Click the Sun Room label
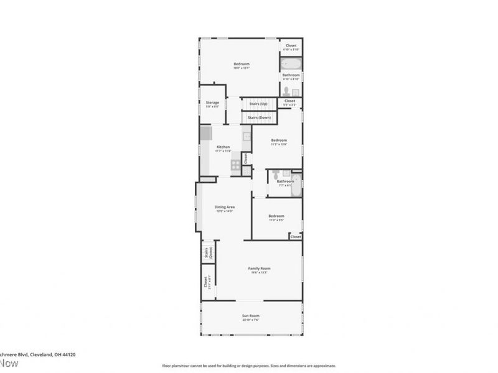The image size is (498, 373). point(251,316)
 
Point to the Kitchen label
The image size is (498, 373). point(223,147)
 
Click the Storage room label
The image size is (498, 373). point(212,103)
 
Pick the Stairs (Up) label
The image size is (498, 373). point(258,103)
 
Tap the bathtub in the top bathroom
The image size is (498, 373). point(291,64)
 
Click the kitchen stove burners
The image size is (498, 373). point(236,165)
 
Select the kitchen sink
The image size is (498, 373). point(247,136)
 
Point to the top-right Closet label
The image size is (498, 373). point(291,45)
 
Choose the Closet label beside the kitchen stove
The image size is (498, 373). point(245,159)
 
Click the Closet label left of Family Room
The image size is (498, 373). point(205,282)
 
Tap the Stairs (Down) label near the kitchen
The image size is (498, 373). point(258,117)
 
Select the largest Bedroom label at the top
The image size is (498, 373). point(242,64)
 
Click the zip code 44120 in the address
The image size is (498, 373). point(68,354)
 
